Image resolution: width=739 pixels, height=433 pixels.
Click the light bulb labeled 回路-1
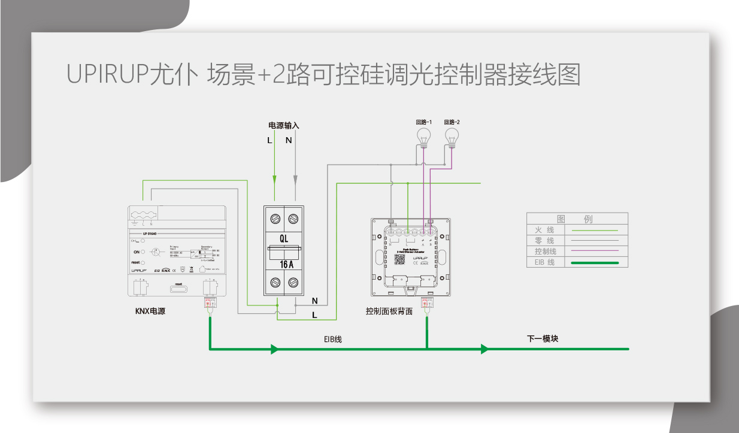pyautogui.click(x=424, y=135)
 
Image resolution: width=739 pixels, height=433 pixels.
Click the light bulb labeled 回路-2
pyautogui.click(x=452, y=135)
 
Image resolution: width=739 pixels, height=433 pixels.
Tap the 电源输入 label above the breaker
pyautogui.click(x=283, y=126)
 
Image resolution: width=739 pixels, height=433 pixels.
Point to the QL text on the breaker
pyautogui.click(x=284, y=238)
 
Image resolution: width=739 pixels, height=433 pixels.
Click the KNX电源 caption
pyautogui.click(x=150, y=311)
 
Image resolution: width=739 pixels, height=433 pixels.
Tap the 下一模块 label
pyautogui.click(x=543, y=338)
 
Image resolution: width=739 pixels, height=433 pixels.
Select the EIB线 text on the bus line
pyautogui.click(x=333, y=340)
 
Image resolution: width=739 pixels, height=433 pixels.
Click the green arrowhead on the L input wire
pyautogui.click(x=275, y=179)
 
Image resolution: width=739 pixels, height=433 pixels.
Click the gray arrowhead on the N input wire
pyautogui.click(x=295, y=179)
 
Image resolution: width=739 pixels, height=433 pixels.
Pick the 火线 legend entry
pyautogui.click(x=544, y=230)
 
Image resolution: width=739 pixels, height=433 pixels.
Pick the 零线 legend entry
pyautogui.click(x=544, y=241)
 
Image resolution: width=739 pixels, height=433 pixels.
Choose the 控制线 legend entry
pyautogui.click(x=546, y=252)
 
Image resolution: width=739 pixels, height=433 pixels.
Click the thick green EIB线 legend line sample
pyautogui.click(x=595, y=262)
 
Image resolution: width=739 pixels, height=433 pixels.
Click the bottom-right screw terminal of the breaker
pyautogui.click(x=293, y=283)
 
